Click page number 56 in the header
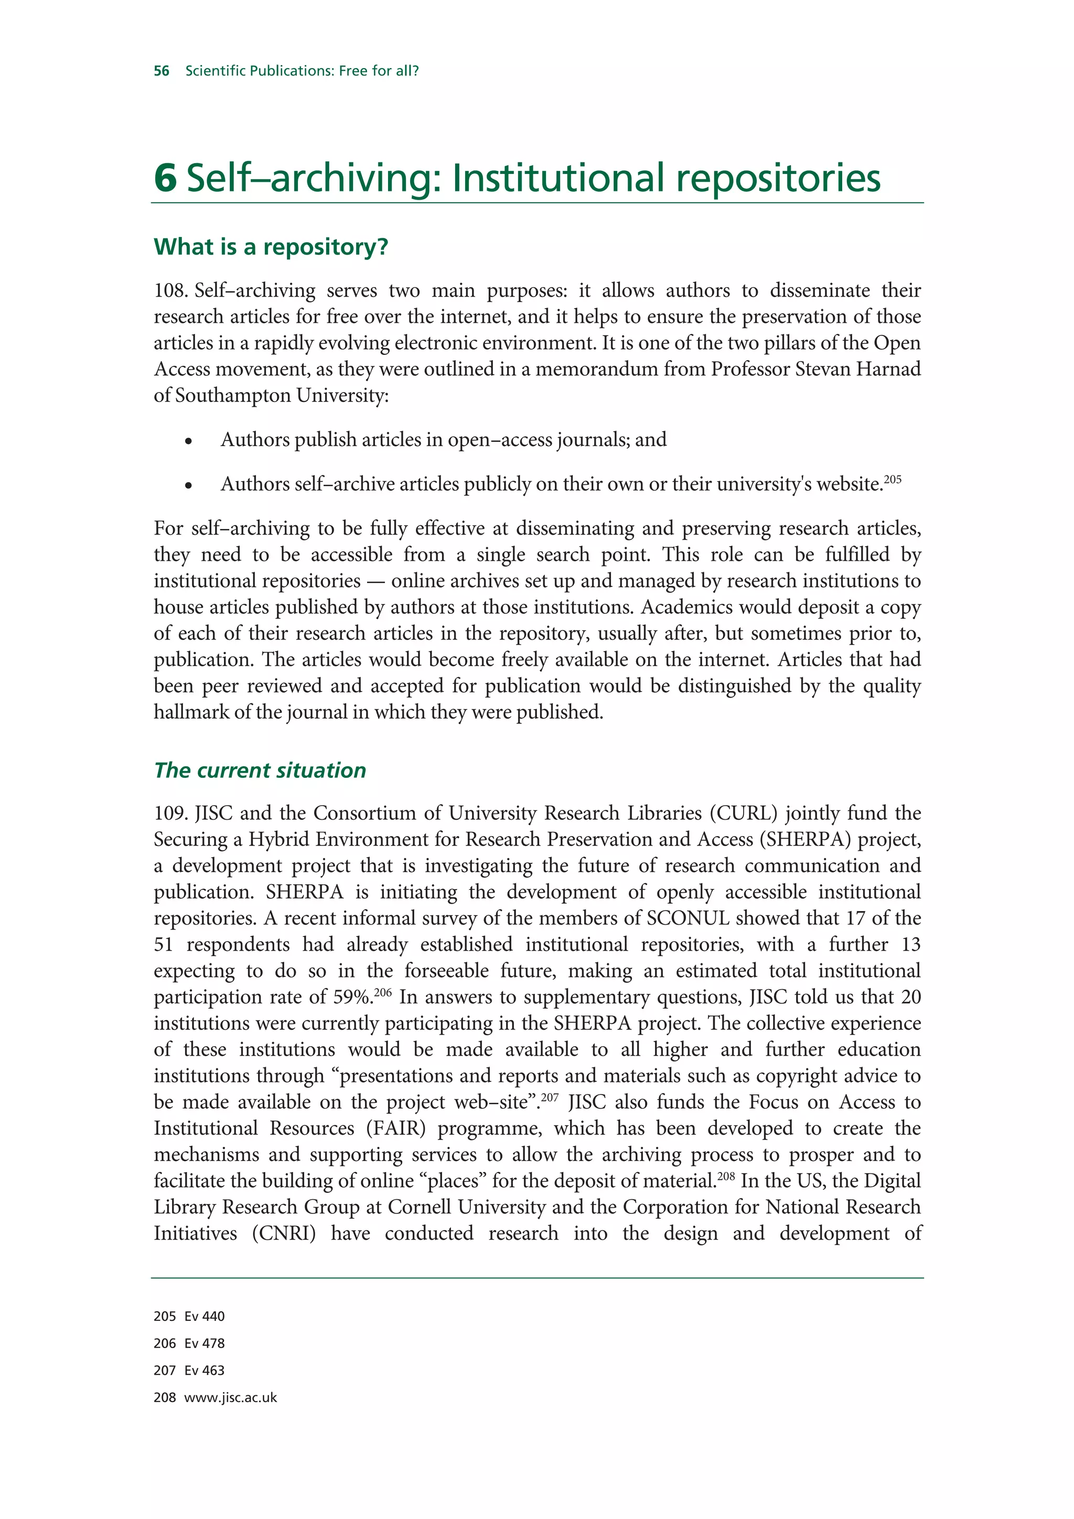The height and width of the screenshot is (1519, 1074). click(x=162, y=71)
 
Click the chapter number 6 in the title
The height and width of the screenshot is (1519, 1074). click(x=165, y=178)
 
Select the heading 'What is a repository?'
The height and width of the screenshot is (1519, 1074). click(x=271, y=247)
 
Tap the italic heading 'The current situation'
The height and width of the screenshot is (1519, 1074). click(x=260, y=770)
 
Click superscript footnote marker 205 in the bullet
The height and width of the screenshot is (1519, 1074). click(x=893, y=479)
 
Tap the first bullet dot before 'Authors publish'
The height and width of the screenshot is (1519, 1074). click(x=189, y=441)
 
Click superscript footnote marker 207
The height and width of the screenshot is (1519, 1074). click(x=550, y=1098)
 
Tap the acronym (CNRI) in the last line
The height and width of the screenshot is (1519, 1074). click(x=284, y=1233)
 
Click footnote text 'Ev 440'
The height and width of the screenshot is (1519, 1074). click(x=205, y=1317)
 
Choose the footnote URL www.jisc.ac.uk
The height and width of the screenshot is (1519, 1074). click(x=230, y=1398)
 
